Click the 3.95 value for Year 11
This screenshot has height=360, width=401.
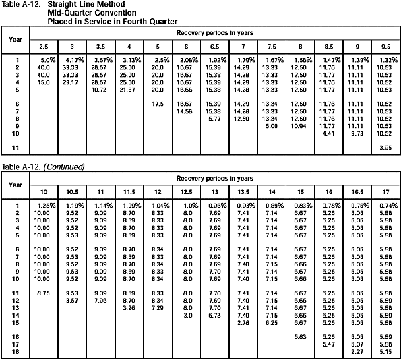(385, 147)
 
